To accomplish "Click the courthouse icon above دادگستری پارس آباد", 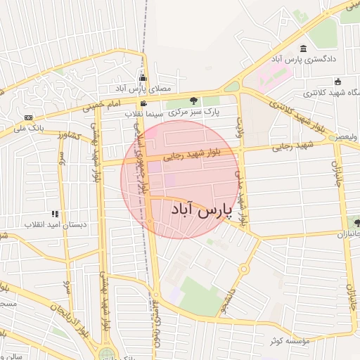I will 303,49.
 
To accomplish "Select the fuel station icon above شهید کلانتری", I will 337,81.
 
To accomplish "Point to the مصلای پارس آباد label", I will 143,89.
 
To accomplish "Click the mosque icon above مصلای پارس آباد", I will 143,78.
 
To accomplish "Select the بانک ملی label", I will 31,129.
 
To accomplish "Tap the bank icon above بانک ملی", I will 28,117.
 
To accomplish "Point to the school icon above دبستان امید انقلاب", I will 55,214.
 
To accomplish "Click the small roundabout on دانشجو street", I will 243,269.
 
